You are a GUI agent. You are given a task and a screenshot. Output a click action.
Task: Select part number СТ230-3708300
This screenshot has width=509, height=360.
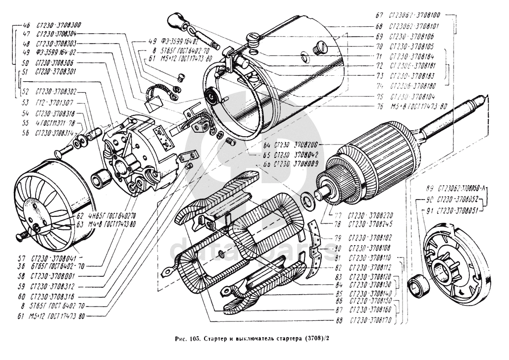click(59, 24)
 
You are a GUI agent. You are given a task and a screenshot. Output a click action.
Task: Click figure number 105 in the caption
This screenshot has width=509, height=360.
click(193, 340)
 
